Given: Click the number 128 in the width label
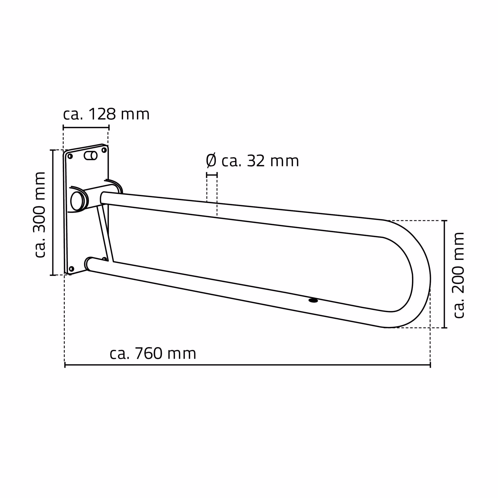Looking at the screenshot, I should (x=102, y=115).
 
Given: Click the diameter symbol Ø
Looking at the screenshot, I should (x=211, y=161).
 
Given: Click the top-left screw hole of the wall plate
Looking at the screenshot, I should (x=70, y=156).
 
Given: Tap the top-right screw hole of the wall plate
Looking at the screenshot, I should (x=104, y=150).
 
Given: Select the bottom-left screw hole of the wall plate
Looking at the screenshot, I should (x=71, y=269).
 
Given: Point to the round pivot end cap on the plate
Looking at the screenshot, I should (x=77, y=201).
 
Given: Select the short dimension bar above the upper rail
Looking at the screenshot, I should (x=212, y=175).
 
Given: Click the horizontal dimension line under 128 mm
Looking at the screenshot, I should (x=86, y=128).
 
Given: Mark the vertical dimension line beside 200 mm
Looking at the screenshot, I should (x=444, y=274).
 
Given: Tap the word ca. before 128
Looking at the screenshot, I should (x=73, y=115).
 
